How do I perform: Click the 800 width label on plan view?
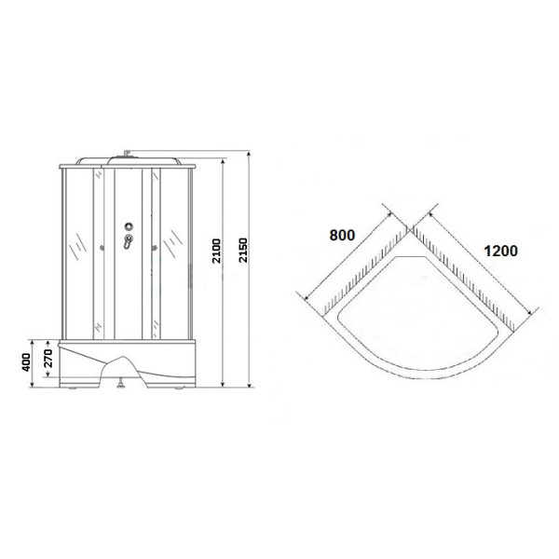click(x=342, y=235)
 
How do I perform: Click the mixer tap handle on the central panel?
click(x=129, y=243)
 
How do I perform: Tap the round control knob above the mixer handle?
click(x=129, y=225)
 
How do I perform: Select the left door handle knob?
click(x=101, y=247)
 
